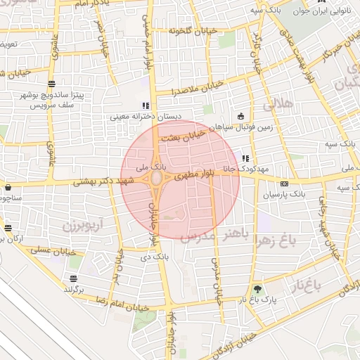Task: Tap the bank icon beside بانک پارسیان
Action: click(284, 184)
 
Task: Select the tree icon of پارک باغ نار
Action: click(258, 289)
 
